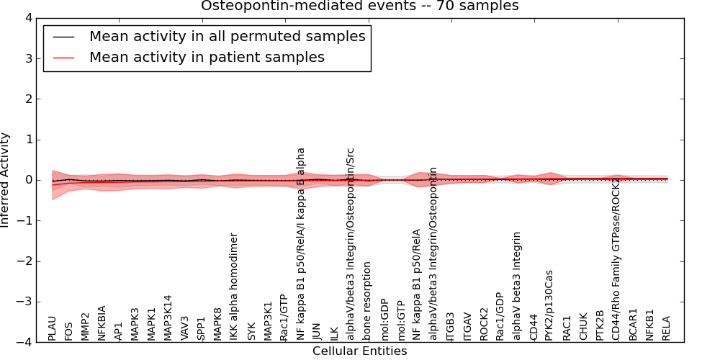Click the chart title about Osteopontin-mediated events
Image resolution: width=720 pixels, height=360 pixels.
(x=359, y=6)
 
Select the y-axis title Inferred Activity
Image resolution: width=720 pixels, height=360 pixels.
(x=6, y=180)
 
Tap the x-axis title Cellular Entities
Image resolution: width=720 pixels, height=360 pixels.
(x=359, y=351)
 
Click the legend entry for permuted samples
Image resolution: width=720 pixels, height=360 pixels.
(x=227, y=36)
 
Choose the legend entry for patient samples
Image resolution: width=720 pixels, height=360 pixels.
(x=207, y=57)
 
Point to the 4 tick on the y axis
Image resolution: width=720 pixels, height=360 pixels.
(x=28, y=17)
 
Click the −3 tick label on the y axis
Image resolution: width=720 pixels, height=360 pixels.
(x=25, y=302)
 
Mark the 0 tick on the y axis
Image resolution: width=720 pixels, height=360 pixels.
(x=28, y=180)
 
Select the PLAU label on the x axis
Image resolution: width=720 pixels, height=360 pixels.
(x=52, y=328)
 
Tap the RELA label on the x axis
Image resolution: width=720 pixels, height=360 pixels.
(x=666, y=328)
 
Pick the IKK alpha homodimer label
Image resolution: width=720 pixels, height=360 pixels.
(x=233, y=287)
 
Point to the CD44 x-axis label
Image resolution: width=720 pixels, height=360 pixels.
(x=534, y=327)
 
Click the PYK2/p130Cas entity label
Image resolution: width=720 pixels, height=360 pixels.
(x=549, y=305)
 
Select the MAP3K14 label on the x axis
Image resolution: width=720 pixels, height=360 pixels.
(x=168, y=318)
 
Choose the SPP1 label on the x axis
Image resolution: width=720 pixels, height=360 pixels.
(x=201, y=328)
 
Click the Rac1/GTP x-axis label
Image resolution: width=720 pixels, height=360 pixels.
(x=283, y=318)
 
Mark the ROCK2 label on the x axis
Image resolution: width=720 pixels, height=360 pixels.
(x=484, y=323)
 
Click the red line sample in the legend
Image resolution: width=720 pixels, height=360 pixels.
(x=63, y=57)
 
